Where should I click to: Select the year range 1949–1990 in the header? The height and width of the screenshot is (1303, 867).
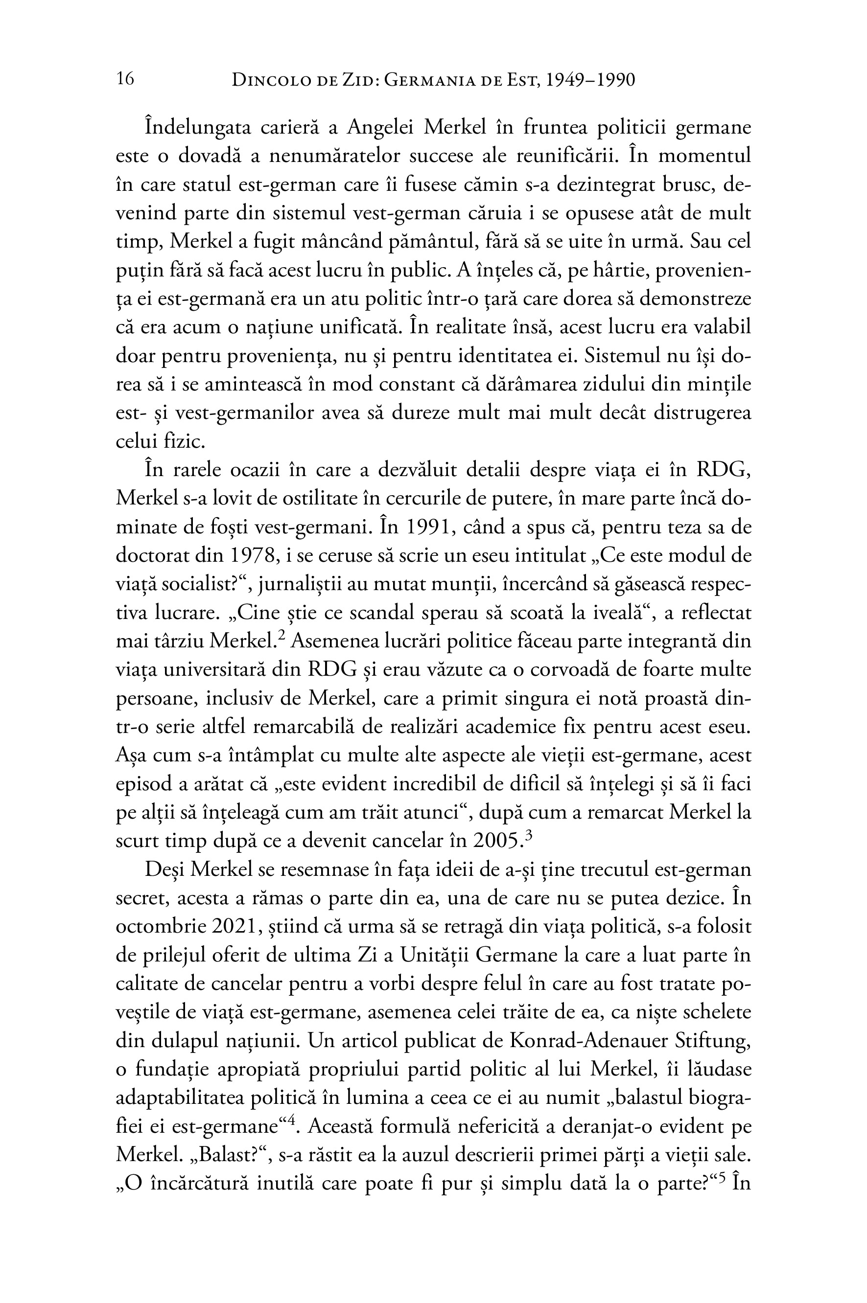tap(590, 80)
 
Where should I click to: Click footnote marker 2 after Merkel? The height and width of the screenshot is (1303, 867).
tap(281, 637)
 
